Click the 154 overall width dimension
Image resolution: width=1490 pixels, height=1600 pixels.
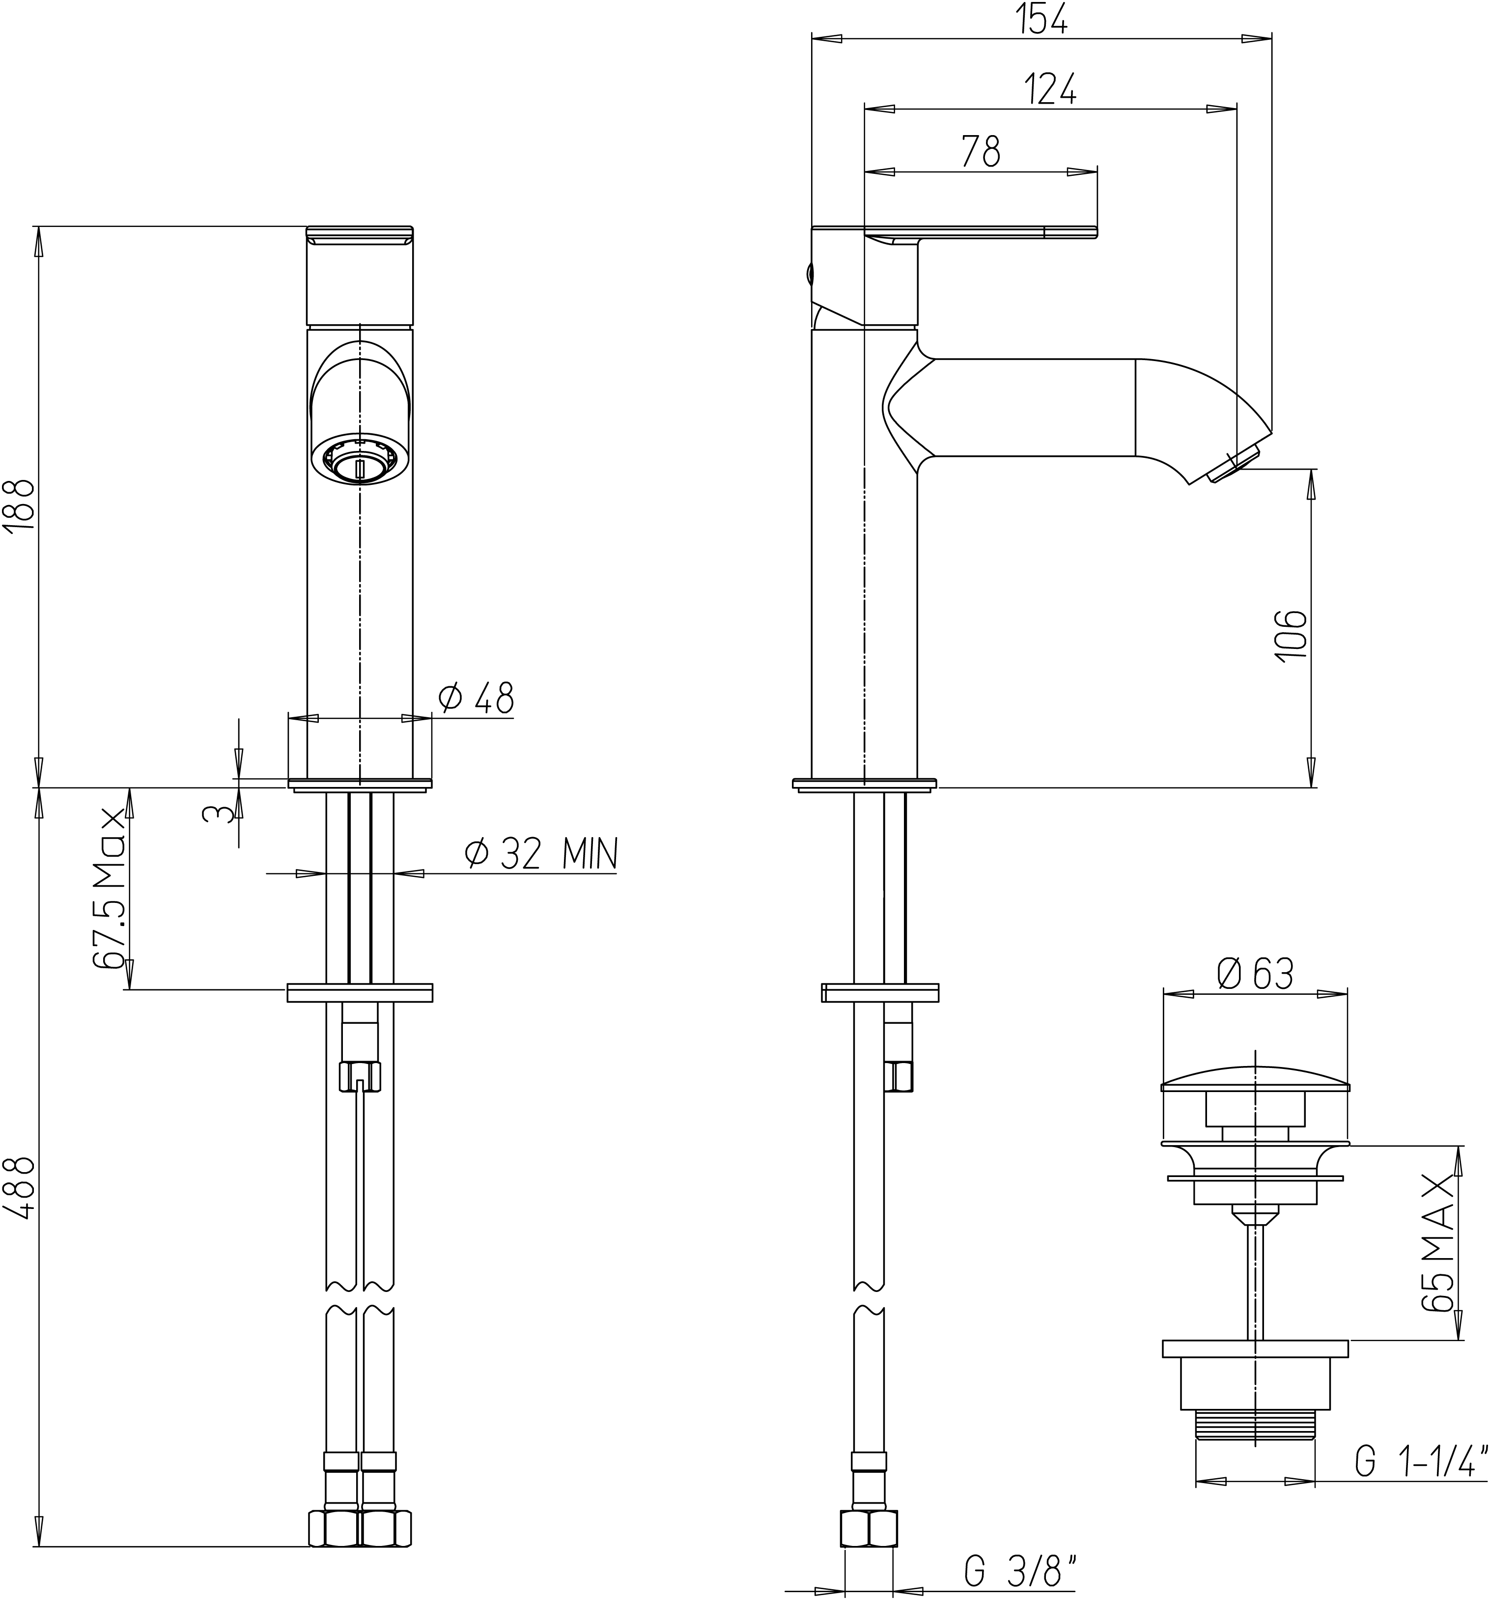pos(1044,19)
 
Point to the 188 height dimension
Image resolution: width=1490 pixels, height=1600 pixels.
pos(19,505)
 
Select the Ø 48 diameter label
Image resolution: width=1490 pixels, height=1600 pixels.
pos(476,698)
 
